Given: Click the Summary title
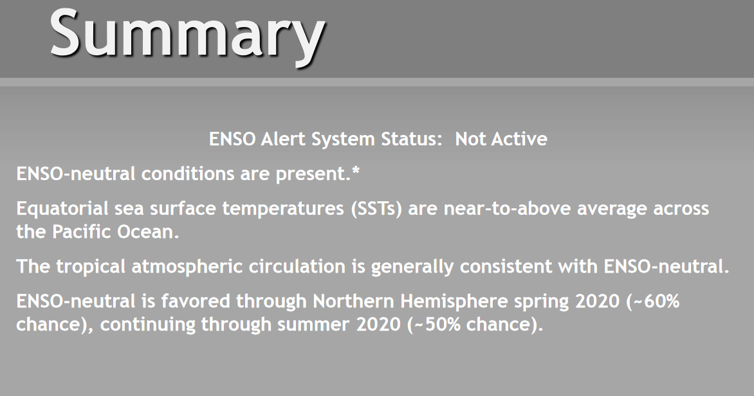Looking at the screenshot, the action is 188,35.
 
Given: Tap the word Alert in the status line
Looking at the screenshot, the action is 284,139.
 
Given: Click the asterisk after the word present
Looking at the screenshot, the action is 356,170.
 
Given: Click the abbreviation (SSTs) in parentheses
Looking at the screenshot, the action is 376,209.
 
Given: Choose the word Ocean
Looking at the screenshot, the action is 147,231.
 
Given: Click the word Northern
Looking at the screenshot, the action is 353,301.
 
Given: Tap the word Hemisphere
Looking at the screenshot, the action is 454,301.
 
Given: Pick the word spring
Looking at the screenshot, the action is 542,302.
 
